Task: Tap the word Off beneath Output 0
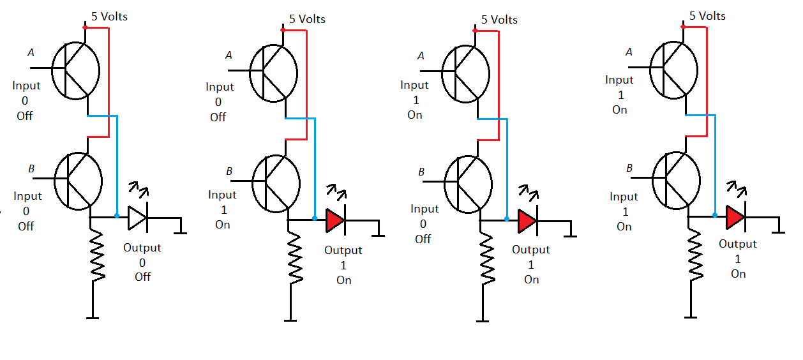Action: [142, 277]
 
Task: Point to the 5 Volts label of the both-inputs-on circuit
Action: [707, 15]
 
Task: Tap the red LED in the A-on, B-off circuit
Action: [527, 220]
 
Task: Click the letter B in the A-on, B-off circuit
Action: [421, 172]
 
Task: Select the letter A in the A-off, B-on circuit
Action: [229, 56]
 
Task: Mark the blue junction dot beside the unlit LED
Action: [117, 216]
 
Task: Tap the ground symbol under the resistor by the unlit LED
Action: [93, 317]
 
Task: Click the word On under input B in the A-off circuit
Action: [222, 225]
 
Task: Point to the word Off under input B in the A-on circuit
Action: [423, 239]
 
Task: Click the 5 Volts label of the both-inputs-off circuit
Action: [109, 16]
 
